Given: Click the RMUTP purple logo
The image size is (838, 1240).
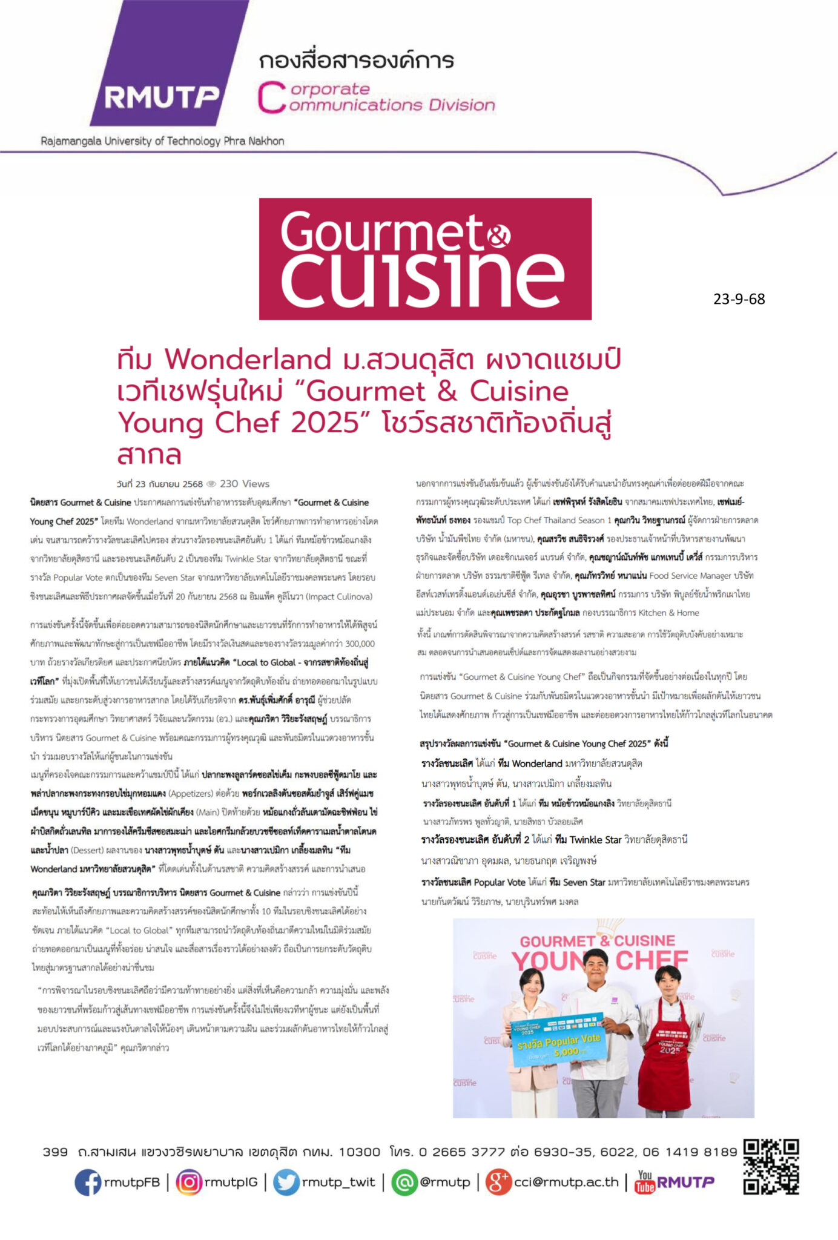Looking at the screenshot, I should click(162, 79).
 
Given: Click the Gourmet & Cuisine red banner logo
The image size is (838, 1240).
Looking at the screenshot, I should click(425, 259).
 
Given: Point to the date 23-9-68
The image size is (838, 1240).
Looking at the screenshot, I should click(739, 299).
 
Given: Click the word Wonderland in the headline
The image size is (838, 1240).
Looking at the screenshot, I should click(248, 360).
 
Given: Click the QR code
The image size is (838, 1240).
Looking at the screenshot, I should click(771, 1167).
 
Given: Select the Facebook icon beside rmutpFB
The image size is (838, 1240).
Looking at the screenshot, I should click(88, 1182).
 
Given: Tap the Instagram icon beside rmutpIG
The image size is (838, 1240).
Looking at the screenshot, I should click(189, 1182).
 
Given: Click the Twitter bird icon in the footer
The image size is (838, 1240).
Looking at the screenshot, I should click(286, 1182).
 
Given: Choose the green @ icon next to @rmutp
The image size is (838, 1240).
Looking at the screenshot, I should click(404, 1182).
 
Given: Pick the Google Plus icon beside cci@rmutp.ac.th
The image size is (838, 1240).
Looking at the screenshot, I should click(498, 1182).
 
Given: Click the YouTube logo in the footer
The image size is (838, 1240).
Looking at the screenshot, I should click(645, 1182).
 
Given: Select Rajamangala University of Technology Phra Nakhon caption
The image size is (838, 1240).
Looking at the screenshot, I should click(162, 141).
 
